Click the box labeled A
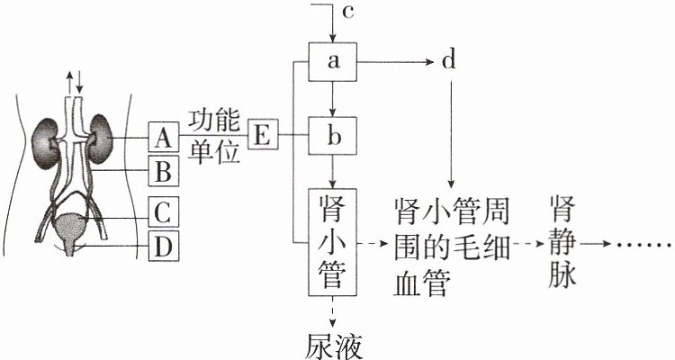point(164,137)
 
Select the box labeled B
point(164,171)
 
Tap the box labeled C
point(164,211)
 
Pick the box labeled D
point(164,246)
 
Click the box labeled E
point(264,134)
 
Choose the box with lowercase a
point(332,61)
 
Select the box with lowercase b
point(332,135)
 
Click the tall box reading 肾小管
point(332,242)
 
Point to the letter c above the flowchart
point(347,12)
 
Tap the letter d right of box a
point(448,60)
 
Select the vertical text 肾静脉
point(562,242)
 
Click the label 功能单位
point(214,136)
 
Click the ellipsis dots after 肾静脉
point(644,245)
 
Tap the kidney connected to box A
point(100,139)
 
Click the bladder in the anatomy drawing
point(69,226)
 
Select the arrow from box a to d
point(395,62)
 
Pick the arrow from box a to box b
point(332,99)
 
